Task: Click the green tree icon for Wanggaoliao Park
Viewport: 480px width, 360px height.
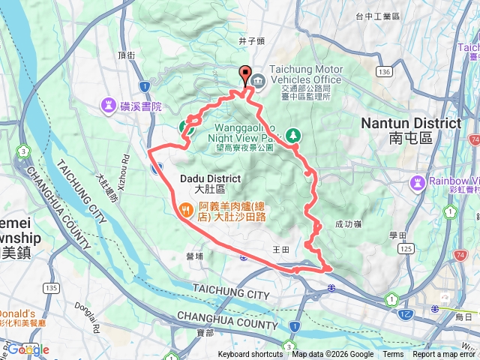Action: coord(294,134)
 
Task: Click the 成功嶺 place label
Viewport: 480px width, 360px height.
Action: coord(349,223)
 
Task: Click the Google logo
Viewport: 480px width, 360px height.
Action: coord(28,349)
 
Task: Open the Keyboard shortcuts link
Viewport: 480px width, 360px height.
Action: coord(250,355)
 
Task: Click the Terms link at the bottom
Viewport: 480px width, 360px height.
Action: coord(393,355)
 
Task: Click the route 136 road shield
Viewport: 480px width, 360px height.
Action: coord(384,71)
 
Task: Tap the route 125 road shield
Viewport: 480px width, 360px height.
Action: coord(406,248)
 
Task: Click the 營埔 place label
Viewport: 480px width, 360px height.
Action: coord(194,256)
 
